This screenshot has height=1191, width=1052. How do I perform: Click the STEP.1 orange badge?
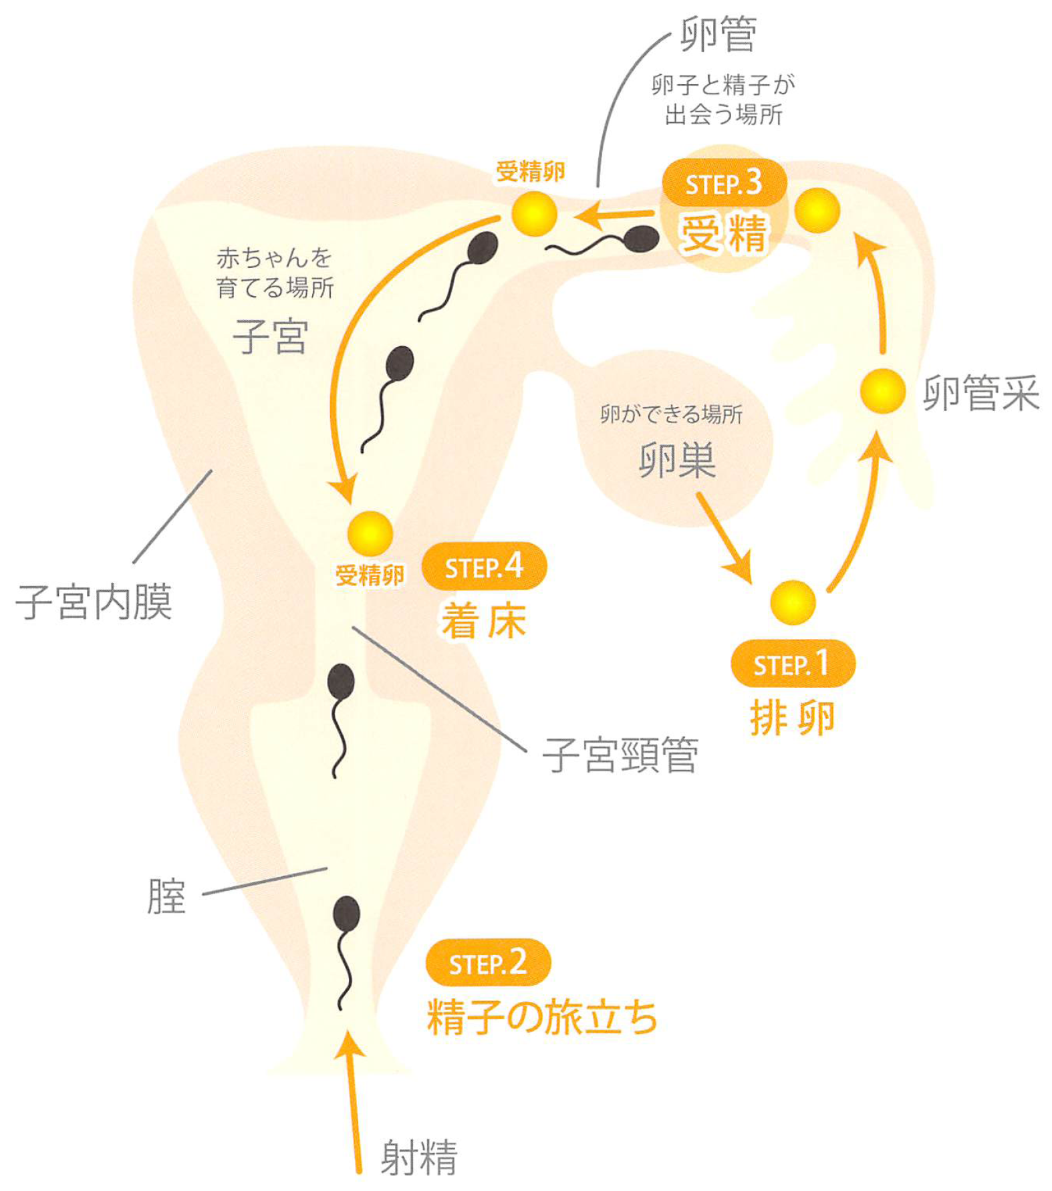[793, 664]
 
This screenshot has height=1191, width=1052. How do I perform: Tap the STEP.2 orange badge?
[488, 962]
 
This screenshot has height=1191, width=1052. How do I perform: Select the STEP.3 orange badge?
[724, 182]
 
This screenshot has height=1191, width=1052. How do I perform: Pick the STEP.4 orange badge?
[484, 566]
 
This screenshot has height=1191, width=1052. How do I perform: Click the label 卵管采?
[980, 393]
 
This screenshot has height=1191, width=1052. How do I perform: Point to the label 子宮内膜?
[94, 602]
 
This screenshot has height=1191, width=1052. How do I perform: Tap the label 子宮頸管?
[620, 755]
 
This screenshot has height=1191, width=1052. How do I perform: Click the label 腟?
[166, 896]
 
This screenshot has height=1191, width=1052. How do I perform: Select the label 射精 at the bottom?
[419, 1158]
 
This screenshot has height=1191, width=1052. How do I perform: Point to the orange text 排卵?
[793, 718]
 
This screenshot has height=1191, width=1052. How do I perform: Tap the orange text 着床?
[484, 621]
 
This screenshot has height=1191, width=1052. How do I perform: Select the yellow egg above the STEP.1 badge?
[793, 603]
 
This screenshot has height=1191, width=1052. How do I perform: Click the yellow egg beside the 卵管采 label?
[883, 391]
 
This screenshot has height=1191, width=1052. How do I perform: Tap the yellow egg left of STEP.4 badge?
[370, 533]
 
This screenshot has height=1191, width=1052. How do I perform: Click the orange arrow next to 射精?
[354, 1103]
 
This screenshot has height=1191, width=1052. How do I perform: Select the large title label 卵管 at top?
[718, 34]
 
